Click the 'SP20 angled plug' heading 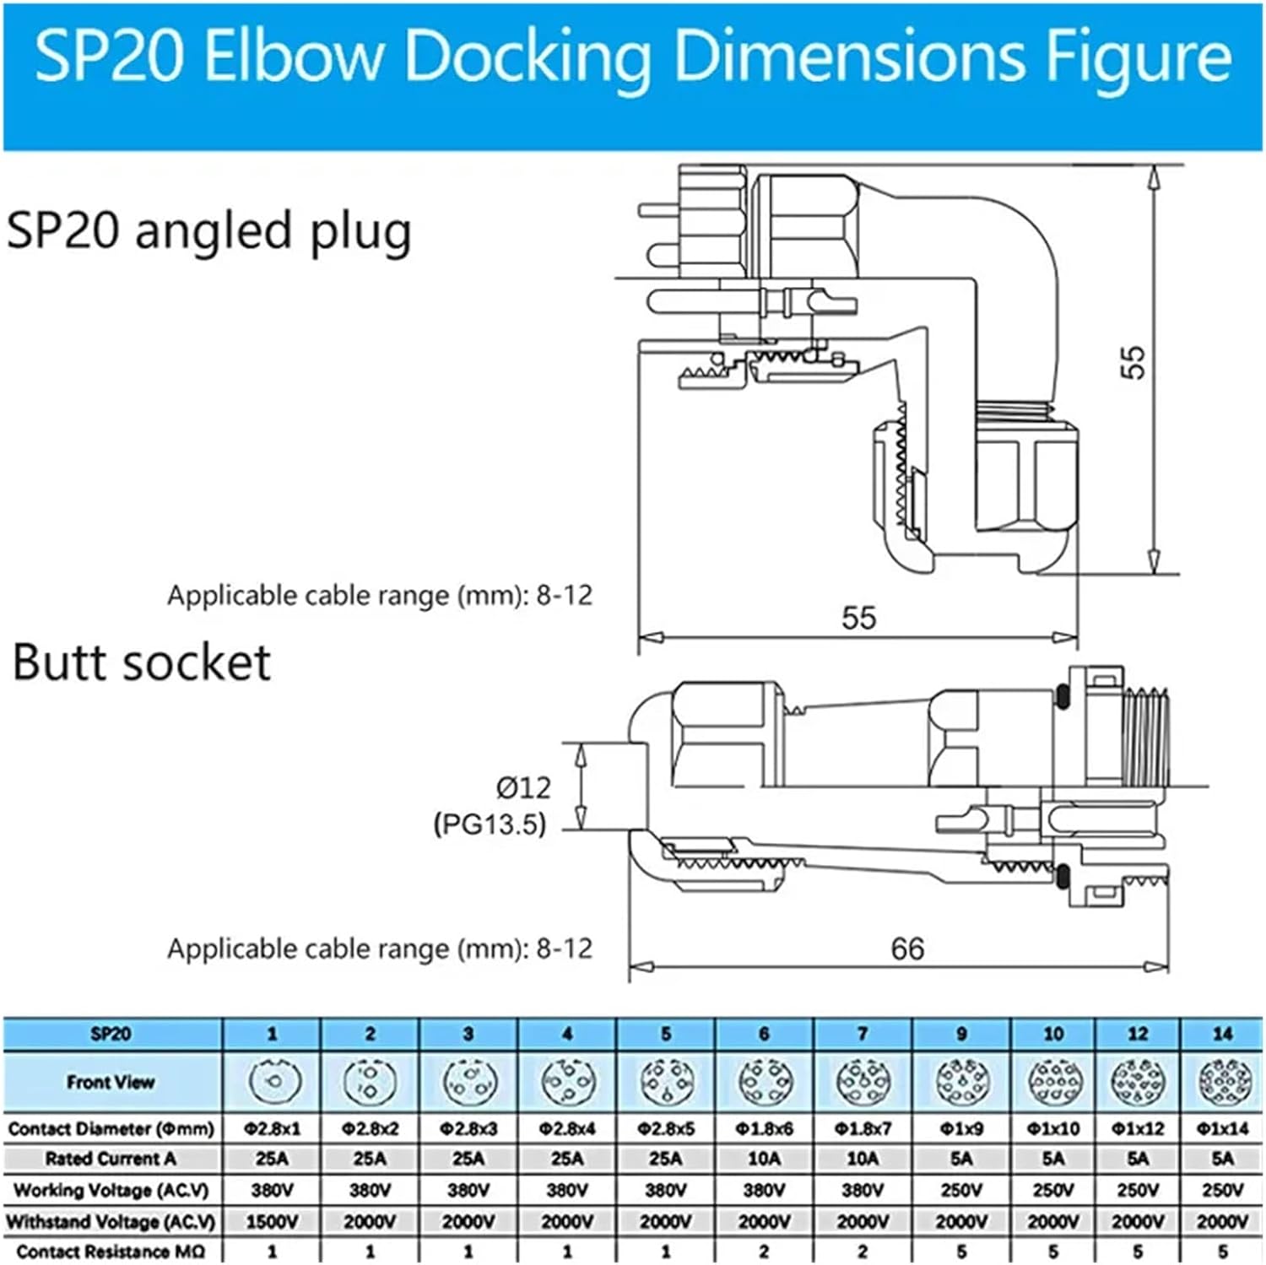[x=208, y=230]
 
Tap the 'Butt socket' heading [x=141, y=662]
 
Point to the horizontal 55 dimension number [x=858, y=617]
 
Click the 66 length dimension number [x=907, y=949]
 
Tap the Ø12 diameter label [x=523, y=787]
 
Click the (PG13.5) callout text [x=490, y=824]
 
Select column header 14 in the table [x=1221, y=1034]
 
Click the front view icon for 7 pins [x=862, y=1081]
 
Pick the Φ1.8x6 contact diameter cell [x=764, y=1128]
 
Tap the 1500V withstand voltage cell [x=272, y=1221]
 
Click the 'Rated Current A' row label [x=111, y=1159]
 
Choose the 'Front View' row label [x=111, y=1082]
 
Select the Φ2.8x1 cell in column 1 [x=272, y=1128]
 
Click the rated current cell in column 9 [x=960, y=1159]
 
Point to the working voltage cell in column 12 [x=1137, y=1190]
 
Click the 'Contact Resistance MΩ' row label [x=111, y=1251]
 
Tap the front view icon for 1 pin [x=273, y=1081]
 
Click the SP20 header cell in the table [x=111, y=1034]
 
